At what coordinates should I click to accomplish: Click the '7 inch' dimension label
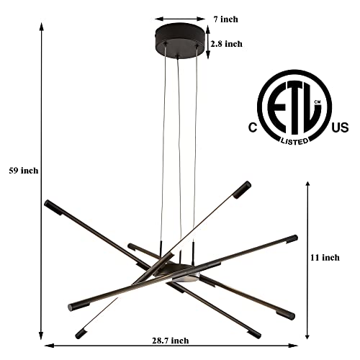tap(226, 19)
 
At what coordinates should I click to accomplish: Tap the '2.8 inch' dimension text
tap(226, 44)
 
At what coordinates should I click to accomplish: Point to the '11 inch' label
tap(325, 257)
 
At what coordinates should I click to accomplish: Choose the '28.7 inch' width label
tap(170, 341)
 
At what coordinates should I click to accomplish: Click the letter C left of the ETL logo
tap(253, 127)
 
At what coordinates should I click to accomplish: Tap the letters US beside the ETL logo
tap(340, 127)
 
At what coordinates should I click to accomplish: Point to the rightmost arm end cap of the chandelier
tap(292, 238)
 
